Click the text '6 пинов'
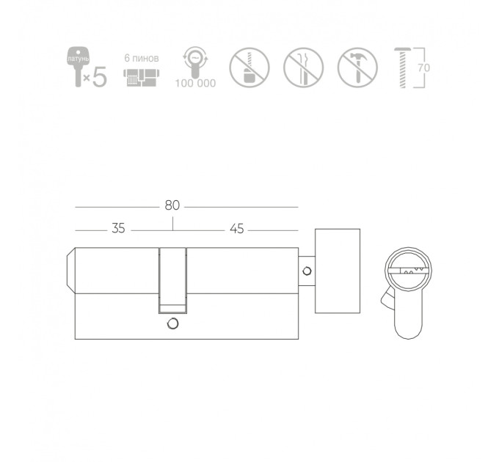click(x=142, y=59)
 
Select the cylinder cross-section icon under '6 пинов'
click(x=142, y=77)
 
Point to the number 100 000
click(x=195, y=84)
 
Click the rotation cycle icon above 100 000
click(x=195, y=62)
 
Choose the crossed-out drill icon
click(x=249, y=67)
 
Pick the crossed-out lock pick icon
click(x=304, y=67)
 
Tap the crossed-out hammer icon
click(x=357, y=67)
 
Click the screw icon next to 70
click(x=403, y=67)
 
